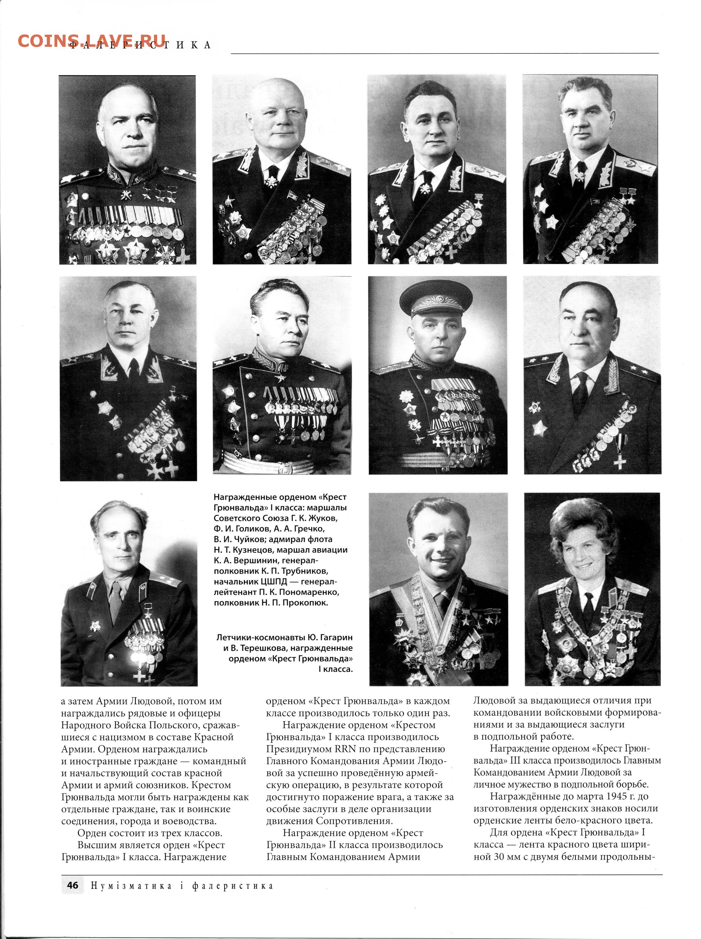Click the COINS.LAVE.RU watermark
[x=91, y=41]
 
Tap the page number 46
[x=72, y=885]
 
